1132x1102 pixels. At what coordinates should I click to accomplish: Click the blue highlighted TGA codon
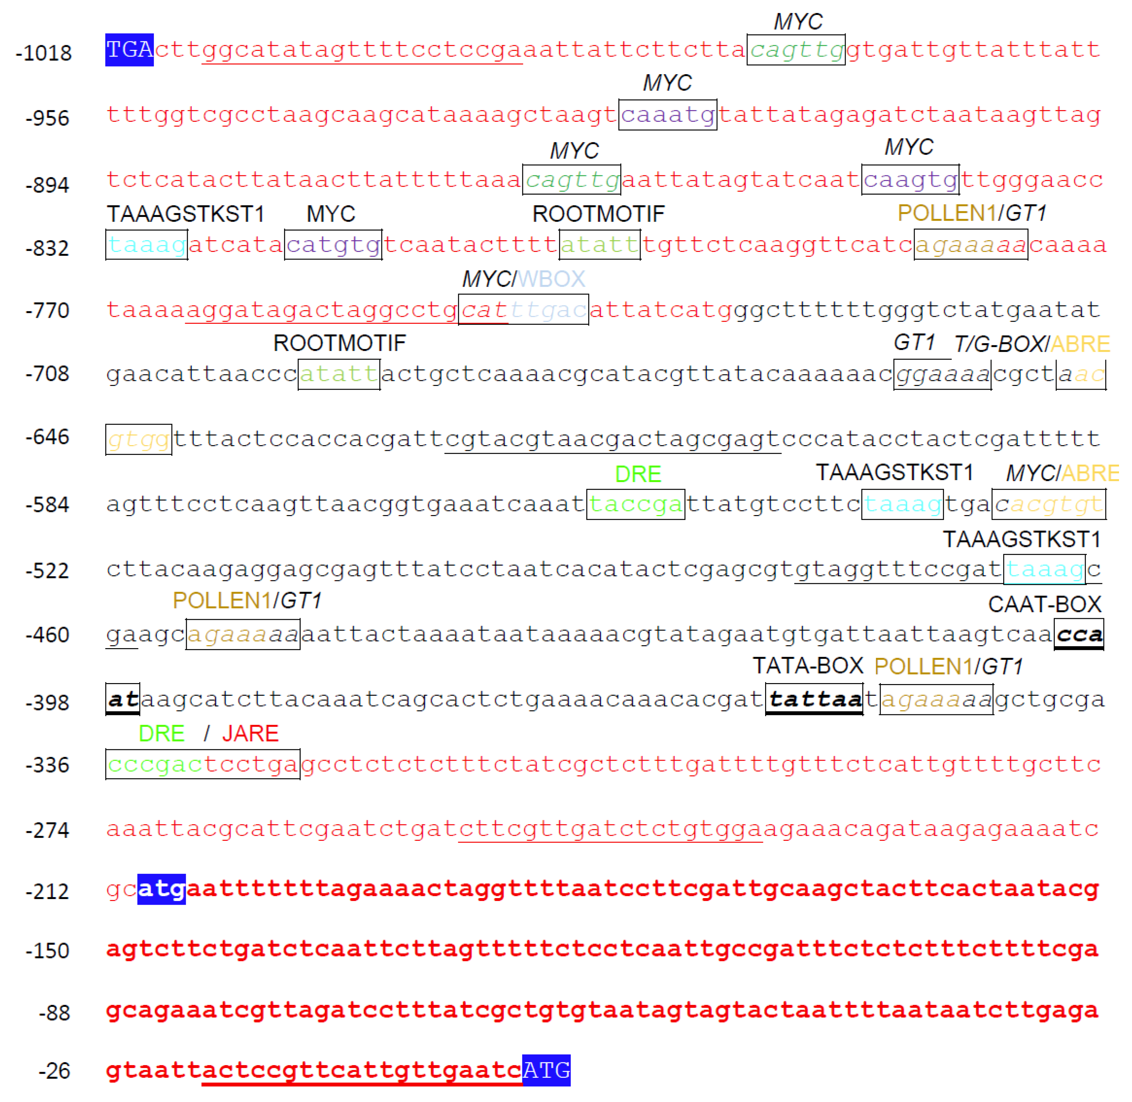129,50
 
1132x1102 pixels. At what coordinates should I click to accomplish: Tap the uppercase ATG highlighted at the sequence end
546,1070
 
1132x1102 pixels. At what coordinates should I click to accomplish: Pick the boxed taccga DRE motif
635,504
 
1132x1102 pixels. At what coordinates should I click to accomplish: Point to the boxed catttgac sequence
523,310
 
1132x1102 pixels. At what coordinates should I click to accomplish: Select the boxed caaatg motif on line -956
668,114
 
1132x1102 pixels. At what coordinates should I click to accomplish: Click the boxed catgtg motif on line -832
333,245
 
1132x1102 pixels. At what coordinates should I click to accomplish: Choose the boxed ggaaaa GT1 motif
942,374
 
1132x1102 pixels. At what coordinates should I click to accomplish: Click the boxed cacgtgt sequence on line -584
1049,504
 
